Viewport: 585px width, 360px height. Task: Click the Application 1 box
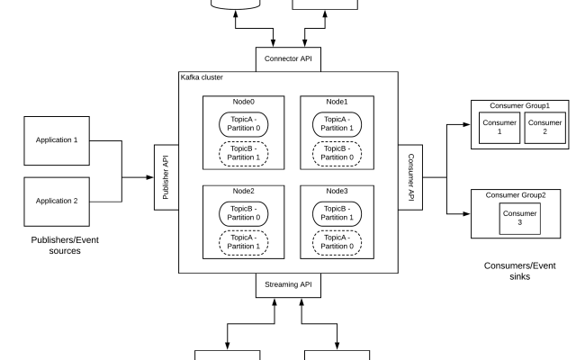tap(57, 140)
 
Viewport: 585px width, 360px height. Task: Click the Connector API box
tap(288, 58)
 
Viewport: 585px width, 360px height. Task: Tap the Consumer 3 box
tap(519, 217)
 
